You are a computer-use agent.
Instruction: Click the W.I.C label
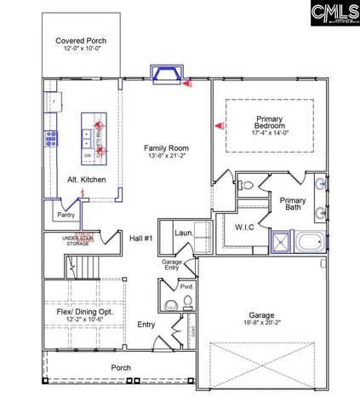point(246,228)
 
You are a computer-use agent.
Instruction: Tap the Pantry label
point(66,215)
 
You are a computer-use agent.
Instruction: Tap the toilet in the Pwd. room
point(169,304)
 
